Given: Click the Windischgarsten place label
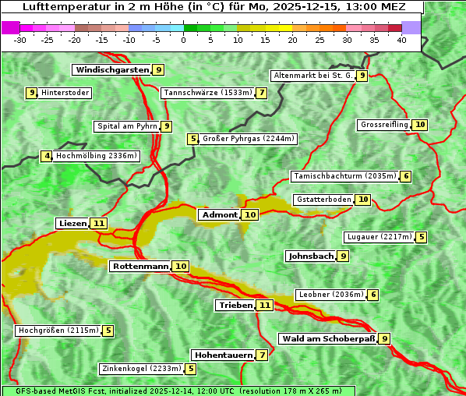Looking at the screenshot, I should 111,70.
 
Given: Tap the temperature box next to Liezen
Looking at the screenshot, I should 98,224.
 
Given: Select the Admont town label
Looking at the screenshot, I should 219,215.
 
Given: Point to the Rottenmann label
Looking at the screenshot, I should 140,267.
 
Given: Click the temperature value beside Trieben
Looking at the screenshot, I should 265,306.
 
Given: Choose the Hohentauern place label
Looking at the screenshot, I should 224,355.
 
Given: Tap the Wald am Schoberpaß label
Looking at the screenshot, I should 327,339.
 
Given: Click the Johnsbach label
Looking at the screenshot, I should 311,256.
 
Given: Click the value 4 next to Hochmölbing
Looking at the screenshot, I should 47,156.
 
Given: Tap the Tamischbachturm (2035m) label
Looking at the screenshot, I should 344,176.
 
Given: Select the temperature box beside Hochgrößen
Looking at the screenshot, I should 108,331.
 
